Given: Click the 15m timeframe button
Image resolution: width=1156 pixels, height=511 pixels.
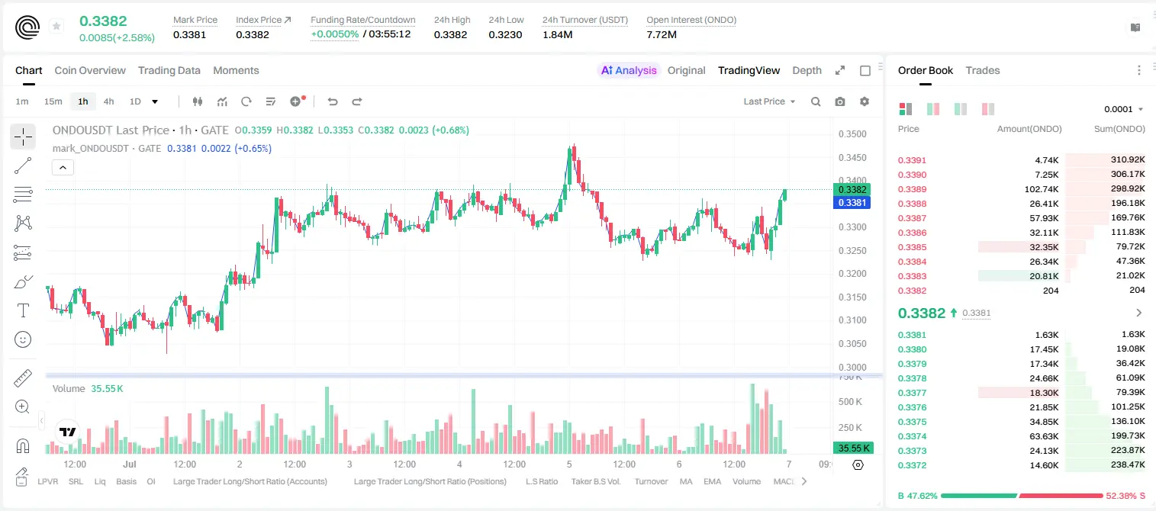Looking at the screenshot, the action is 53,101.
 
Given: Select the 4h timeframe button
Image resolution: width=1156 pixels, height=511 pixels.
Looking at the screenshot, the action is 108,101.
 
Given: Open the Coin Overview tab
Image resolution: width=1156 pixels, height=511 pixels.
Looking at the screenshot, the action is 90,70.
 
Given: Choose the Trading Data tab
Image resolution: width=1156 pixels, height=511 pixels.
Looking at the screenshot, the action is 169,70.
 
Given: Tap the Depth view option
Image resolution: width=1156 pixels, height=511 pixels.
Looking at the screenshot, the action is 807,70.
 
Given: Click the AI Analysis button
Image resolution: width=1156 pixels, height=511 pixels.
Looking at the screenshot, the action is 629,70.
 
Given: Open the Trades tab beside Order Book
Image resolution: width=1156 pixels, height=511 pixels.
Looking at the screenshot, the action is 983,70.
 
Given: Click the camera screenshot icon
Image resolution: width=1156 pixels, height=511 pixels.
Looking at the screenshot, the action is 839,101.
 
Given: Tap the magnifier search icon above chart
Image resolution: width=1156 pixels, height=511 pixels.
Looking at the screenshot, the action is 816,101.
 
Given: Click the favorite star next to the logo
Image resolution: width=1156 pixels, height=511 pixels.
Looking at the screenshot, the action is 56,26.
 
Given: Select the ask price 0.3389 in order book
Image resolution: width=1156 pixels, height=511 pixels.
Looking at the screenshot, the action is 912,189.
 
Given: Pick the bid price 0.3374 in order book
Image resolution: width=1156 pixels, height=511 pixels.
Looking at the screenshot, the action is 912,436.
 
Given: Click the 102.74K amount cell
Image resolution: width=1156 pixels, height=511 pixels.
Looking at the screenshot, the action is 1041,189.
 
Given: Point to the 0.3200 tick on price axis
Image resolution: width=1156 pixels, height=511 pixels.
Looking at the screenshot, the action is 852,273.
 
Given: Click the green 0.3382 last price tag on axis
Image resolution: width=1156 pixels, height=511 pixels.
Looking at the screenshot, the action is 852,189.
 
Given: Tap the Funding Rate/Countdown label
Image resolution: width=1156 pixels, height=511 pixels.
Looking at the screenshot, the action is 362,20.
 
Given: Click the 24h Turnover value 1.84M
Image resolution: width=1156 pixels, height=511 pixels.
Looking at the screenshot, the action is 557,34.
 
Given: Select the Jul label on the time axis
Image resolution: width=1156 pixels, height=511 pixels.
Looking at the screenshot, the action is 130,464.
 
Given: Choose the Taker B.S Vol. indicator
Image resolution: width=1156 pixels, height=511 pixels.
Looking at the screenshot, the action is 595,481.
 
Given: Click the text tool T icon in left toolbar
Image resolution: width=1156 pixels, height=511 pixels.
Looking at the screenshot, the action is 23,310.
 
